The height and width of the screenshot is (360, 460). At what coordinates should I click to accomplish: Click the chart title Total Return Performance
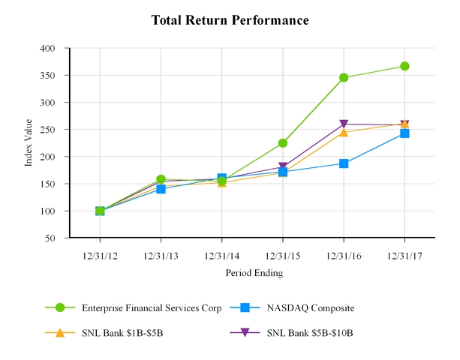pyautogui.click(x=230, y=19)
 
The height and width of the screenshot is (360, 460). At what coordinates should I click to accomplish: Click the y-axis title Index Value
pyautogui.click(x=29, y=142)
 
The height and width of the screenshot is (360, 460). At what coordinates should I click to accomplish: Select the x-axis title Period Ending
pyautogui.click(x=254, y=273)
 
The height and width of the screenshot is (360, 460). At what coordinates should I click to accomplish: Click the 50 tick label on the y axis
pyautogui.click(x=50, y=238)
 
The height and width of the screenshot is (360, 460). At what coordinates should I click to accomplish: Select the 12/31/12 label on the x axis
pyautogui.click(x=100, y=255)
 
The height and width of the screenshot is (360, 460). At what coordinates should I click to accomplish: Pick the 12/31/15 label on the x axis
pyautogui.click(x=283, y=255)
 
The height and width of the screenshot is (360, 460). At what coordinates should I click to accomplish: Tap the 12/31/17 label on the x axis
pyautogui.click(x=404, y=255)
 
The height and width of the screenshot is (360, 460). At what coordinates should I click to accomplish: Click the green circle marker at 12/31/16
pyautogui.click(x=344, y=77)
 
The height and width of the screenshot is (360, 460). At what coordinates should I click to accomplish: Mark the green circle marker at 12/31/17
pyautogui.click(x=404, y=66)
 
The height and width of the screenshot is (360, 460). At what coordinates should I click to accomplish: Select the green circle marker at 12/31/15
pyautogui.click(x=283, y=142)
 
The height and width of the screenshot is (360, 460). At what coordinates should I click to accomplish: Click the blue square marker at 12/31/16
pyautogui.click(x=344, y=163)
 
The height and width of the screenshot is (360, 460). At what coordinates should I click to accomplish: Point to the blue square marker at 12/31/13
pyautogui.click(x=161, y=189)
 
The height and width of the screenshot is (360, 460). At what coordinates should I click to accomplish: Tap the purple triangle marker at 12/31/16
pyautogui.click(x=344, y=124)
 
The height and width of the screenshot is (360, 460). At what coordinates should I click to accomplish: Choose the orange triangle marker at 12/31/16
pyautogui.click(x=344, y=132)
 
